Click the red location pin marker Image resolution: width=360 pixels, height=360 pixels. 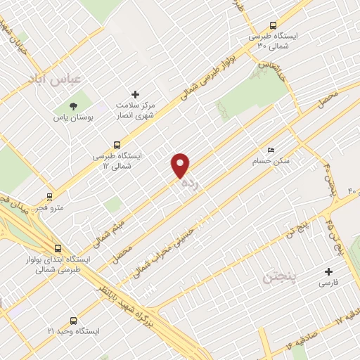coord(181,165)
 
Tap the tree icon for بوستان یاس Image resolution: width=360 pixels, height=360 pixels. coord(74,105)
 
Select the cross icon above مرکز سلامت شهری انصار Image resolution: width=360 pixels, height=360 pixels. coord(136,94)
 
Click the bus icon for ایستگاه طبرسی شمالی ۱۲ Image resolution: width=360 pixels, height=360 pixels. coord(117,143)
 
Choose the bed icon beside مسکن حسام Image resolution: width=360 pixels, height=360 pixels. coord(271,150)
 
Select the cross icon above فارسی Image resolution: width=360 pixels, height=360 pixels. coord(327,271)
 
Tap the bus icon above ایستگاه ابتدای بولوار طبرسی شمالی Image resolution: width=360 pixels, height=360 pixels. coord(57,248)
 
